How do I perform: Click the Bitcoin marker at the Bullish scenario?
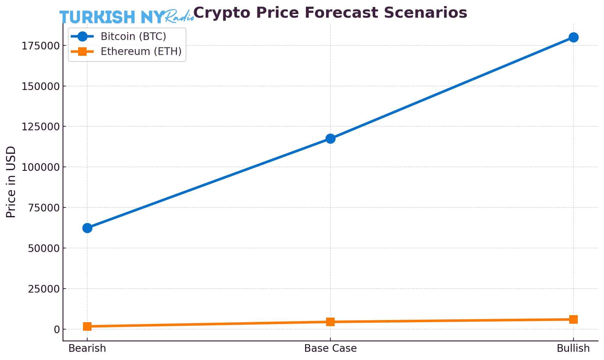tap(573, 38)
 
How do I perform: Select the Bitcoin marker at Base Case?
tap(330, 139)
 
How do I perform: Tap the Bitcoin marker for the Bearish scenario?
tap(87, 228)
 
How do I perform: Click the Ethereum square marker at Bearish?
tap(87, 326)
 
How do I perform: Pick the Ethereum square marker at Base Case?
tap(330, 322)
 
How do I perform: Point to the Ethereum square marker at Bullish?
tap(573, 319)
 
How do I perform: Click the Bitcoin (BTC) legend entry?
tap(133, 36)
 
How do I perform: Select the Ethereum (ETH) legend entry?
tap(141, 51)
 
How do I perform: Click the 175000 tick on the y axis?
tap(40, 46)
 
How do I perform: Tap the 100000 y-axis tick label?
tap(40, 167)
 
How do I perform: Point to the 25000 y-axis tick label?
tap(44, 289)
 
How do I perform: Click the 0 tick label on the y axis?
tap(57, 329)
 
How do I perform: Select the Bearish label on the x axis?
tap(87, 348)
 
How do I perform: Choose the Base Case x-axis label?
tap(330, 348)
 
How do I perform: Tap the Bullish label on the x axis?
tap(573, 348)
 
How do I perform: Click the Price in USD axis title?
tap(11, 182)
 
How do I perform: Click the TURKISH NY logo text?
tap(112, 17)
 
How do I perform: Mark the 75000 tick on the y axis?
tap(44, 208)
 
